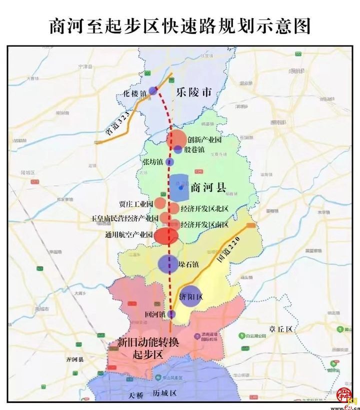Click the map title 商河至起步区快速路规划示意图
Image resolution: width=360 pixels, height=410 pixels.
click(x=179, y=25)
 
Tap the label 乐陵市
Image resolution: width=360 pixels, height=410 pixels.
click(x=194, y=93)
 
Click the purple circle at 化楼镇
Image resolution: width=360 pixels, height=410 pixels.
click(x=152, y=91)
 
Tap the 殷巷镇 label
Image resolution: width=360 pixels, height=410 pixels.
click(x=194, y=149)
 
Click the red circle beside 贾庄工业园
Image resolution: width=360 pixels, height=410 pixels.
click(x=159, y=203)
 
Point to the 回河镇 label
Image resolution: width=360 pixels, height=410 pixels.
click(x=155, y=315)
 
